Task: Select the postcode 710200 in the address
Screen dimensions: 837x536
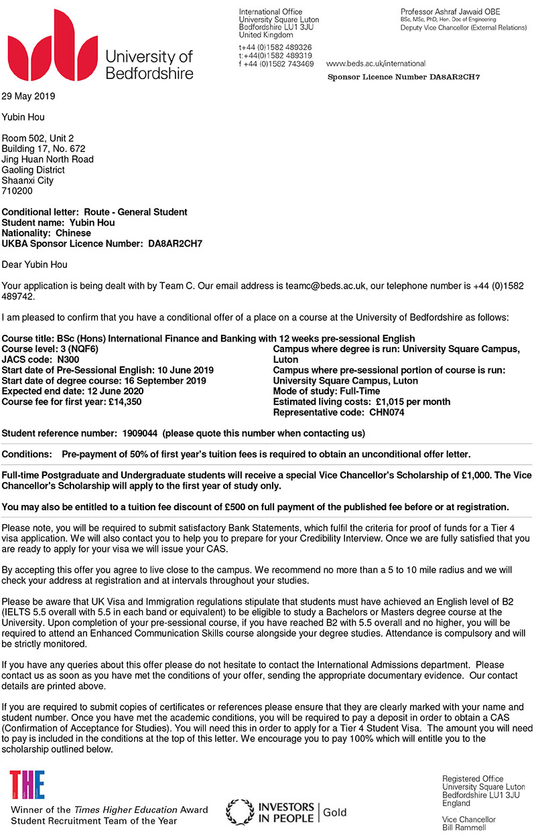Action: point(17,191)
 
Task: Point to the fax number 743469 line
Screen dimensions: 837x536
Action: point(276,64)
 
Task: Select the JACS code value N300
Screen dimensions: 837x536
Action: point(66,360)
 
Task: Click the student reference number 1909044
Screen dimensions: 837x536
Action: point(139,433)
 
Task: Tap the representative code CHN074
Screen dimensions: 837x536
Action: point(387,412)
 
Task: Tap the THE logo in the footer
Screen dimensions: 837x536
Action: point(27,785)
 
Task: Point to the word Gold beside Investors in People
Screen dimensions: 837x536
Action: point(335,812)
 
